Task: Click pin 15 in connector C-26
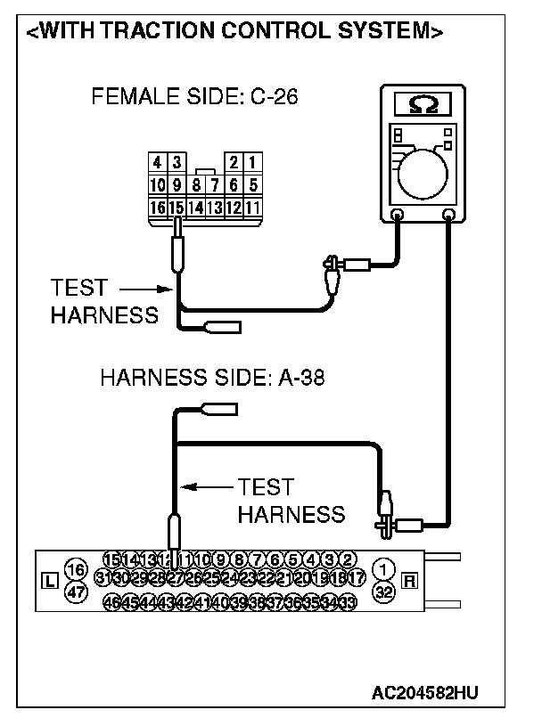coord(177,208)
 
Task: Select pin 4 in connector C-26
coord(157,163)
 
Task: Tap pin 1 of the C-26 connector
coord(252,163)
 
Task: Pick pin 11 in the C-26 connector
coord(252,208)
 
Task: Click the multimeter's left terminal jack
coord(398,215)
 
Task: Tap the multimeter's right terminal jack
coord(448,215)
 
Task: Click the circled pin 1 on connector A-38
coord(383,568)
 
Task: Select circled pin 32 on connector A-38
coord(383,591)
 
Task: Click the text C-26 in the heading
coord(269,97)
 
